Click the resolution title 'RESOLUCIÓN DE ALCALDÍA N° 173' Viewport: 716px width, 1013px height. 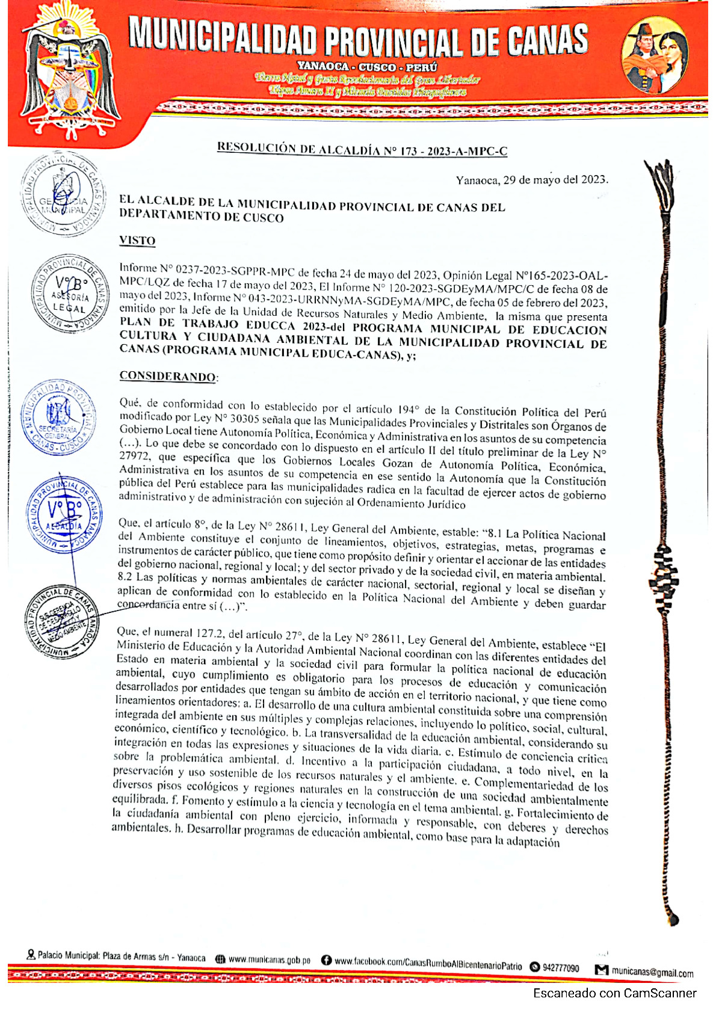362,149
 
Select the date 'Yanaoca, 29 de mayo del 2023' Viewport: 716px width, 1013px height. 531,179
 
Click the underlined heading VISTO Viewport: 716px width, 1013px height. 137,241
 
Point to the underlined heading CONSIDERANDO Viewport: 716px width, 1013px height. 168,377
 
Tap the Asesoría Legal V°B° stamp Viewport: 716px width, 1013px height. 70,294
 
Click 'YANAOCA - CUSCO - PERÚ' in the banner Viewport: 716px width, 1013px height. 367,67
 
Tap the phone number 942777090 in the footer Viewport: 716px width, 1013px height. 560,968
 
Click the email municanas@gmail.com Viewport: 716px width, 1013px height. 652,971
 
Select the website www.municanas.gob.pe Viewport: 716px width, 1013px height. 270,959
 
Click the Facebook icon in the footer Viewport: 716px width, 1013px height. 327,961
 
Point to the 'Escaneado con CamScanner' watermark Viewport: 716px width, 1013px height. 614,993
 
